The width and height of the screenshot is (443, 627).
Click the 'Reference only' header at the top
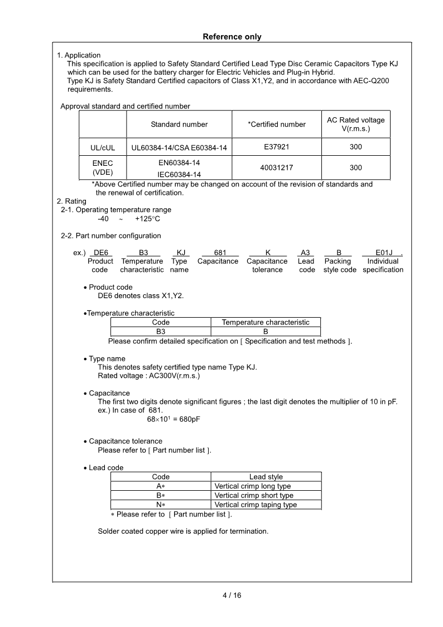pyautogui.click(x=232, y=37)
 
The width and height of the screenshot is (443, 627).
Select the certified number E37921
pyautogui.click(x=277, y=147)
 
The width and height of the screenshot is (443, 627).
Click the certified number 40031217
pyautogui.click(x=277, y=167)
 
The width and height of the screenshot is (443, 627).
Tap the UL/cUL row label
pyautogui.click(x=103, y=147)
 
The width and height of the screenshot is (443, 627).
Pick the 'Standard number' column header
pyautogui.click(x=179, y=125)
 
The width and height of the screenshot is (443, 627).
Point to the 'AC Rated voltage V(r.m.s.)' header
pyautogui.click(x=355, y=125)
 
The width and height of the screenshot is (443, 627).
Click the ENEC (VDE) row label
pyautogui.click(x=103, y=167)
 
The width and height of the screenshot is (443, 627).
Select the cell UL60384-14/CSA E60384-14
pyautogui.click(x=179, y=147)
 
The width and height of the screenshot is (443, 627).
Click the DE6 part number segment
pyautogui.click(x=100, y=252)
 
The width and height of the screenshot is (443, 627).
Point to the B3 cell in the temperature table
pyautogui.click(x=161, y=331)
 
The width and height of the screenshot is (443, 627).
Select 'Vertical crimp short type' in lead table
pyautogui.click(x=254, y=495)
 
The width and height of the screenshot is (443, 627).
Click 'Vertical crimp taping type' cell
pyautogui.click(x=256, y=505)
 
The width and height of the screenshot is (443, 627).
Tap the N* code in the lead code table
pyautogui.click(x=161, y=505)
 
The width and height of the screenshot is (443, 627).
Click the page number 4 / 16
pyautogui.click(x=232, y=595)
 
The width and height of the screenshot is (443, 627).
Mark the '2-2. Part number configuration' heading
pyautogui.click(x=110, y=236)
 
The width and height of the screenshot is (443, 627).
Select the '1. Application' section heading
pyautogui.click(x=79, y=55)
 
